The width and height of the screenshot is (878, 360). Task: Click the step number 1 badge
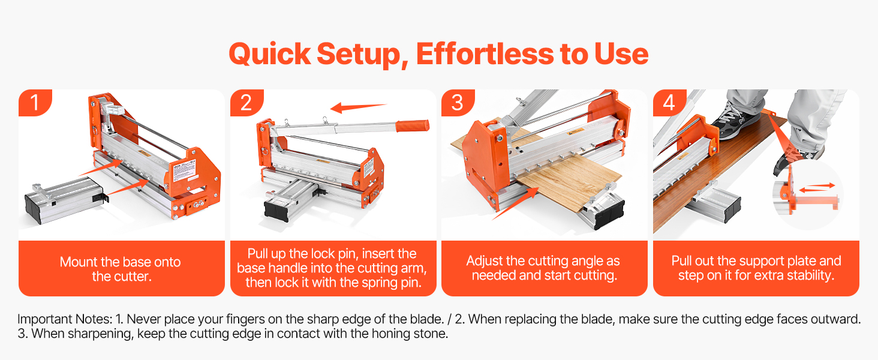pos(35,103)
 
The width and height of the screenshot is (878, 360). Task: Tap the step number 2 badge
pos(246,103)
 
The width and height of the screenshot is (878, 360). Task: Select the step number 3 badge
pos(458,103)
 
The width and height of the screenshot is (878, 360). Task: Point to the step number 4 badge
pos(669,103)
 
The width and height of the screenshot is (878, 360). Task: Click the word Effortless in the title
pos(485,54)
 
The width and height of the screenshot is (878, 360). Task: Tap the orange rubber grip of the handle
pos(413,126)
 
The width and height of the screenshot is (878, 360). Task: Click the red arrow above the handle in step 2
pos(359,107)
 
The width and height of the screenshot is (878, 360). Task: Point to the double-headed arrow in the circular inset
pos(817,187)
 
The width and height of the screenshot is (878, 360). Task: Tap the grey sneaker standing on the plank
pos(736,119)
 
